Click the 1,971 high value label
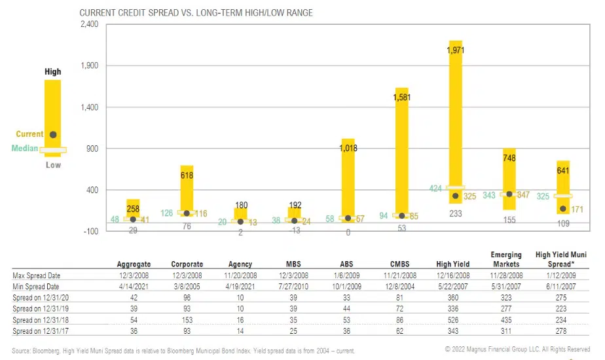coord(455,50)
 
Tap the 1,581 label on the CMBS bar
coord(401,98)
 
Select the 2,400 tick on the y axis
coord(88,24)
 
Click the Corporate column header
coord(187,264)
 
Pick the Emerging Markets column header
coord(506,259)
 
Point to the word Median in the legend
coord(24,149)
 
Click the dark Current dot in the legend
coord(53,135)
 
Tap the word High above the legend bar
coord(52,72)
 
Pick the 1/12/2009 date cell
coord(562,275)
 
